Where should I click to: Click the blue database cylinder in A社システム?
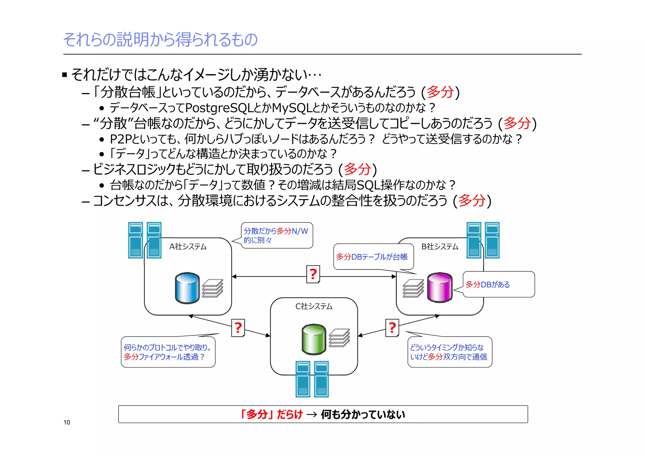187,288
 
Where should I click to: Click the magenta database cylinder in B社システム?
440,287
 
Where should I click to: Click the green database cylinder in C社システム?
314,339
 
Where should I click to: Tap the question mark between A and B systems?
313,274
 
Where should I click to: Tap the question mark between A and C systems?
238,328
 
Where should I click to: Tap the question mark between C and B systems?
392,328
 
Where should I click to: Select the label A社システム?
188,246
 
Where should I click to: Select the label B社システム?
440,246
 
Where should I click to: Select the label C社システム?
314,306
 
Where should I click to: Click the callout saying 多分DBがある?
499,284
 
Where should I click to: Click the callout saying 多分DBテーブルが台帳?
373,257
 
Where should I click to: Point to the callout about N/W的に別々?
277,235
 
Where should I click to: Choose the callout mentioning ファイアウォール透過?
168,352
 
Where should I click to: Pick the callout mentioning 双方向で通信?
449,352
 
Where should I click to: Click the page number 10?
67,422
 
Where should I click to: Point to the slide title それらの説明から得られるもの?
160,39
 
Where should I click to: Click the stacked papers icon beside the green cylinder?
339,338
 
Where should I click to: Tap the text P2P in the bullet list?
121,139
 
